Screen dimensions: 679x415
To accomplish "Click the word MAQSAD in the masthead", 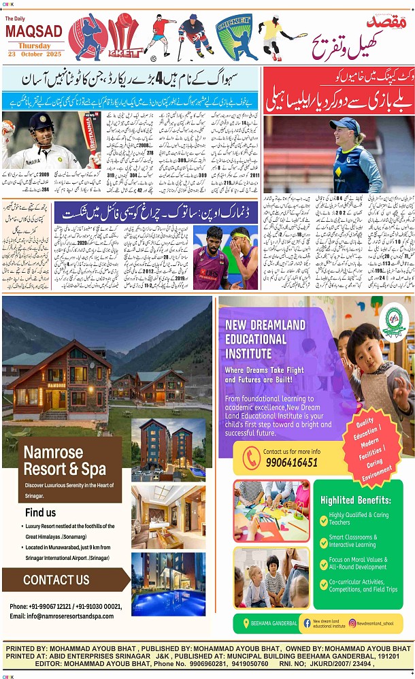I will (33, 31).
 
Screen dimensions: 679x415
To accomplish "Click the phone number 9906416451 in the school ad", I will (290, 462).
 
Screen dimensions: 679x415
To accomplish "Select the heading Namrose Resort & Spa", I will (65, 461).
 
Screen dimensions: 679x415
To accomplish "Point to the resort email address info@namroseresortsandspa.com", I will (61, 616).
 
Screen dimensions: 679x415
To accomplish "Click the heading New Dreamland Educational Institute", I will (266, 338).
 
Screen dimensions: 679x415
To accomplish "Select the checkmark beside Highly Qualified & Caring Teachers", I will (324, 518).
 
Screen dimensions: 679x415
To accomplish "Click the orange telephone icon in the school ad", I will (252, 457).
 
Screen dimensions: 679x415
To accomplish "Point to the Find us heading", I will (40, 512).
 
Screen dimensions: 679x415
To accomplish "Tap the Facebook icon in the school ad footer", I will (307, 623).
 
